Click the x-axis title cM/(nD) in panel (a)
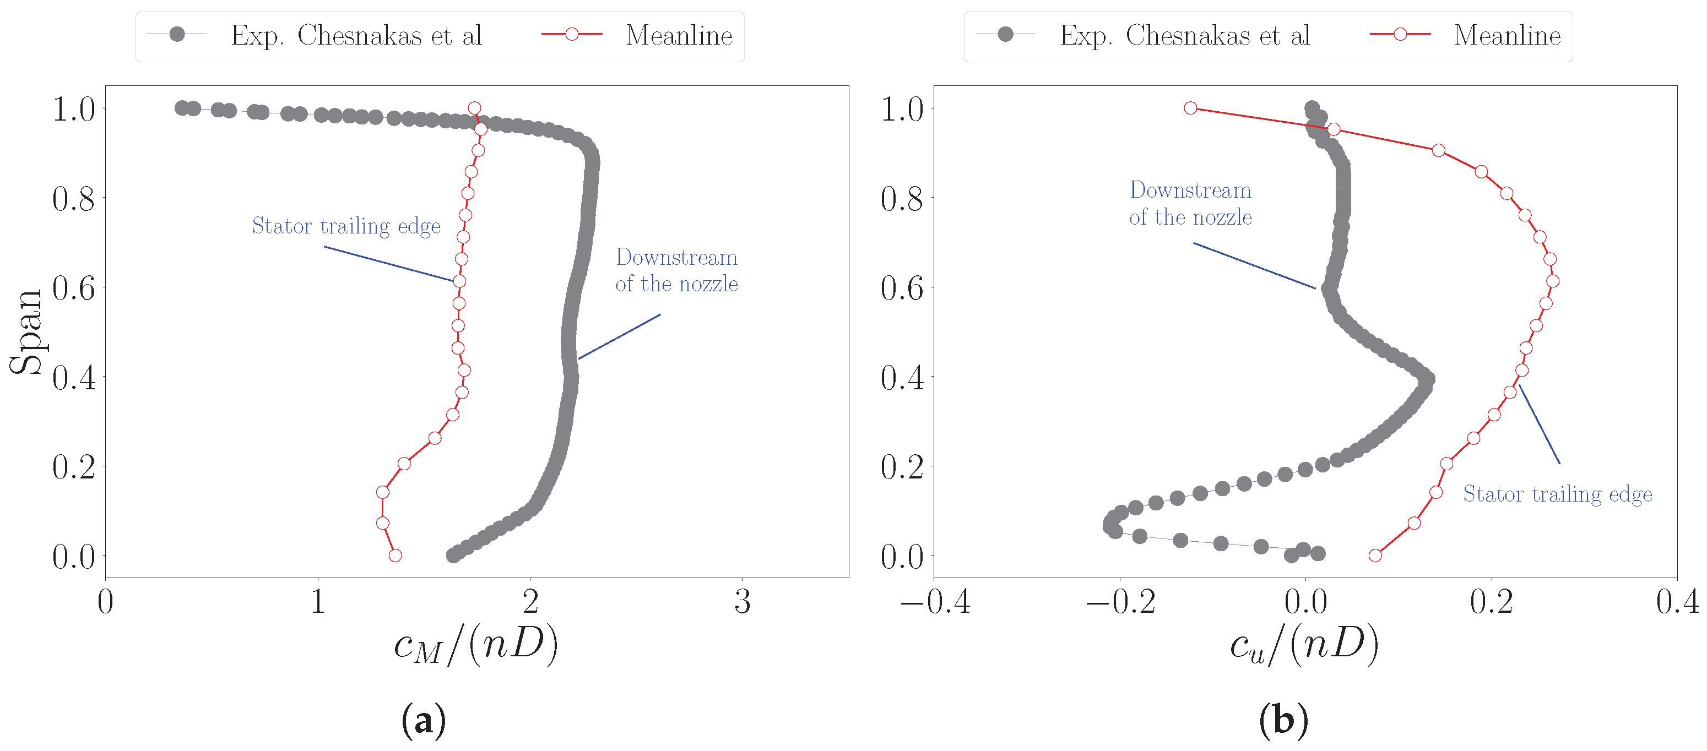[x=476, y=644]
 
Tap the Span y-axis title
[x=26, y=333]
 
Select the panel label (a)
[x=424, y=720]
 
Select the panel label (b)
[x=1283, y=720]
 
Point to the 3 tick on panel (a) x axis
[x=742, y=602]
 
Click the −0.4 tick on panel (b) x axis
[x=935, y=602]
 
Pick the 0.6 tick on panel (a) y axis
[x=74, y=288]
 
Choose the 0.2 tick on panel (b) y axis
[x=902, y=467]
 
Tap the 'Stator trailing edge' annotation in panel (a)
[x=346, y=226]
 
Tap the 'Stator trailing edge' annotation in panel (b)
[x=1557, y=494]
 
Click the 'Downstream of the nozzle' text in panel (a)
[x=676, y=270]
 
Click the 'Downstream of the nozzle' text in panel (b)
[x=1190, y=203]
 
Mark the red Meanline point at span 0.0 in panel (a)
[x=395, y=555]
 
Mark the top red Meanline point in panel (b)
[x=1191, y=108]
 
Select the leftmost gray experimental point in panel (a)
[x=182, y=108]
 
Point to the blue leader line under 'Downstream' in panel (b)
[x=1254, y=265]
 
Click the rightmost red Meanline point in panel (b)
[x=1553, y=281]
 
